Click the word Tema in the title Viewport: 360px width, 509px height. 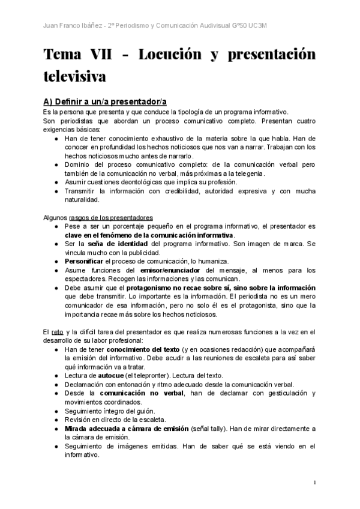click(62, 55)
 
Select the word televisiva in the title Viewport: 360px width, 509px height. click(74, 77)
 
